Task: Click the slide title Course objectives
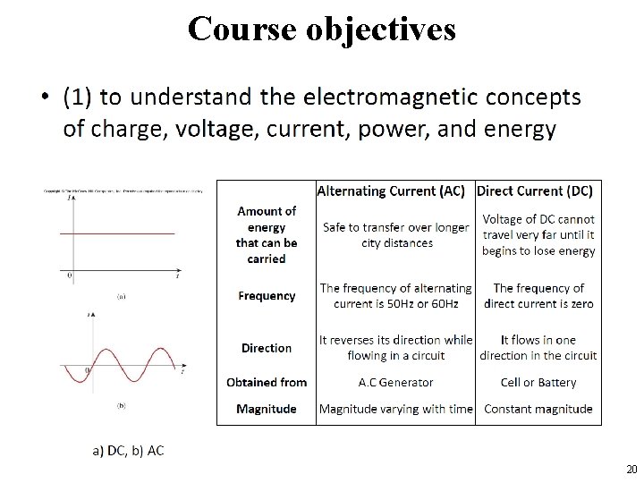pos(321,29)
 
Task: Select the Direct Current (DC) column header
pos(535,191)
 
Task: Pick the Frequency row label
pos(267,295)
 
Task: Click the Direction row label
pos(267,347)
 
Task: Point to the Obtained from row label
pos(267,382)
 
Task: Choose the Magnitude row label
pos(267,409)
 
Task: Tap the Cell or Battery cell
pos(538,382)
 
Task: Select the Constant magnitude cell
pos(538,409)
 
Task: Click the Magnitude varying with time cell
pos(396,409)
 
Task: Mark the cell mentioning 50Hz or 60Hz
pos(396,295)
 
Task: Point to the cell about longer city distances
pos(396,234)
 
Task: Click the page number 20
pos(631,470)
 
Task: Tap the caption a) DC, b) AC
pos(129,450)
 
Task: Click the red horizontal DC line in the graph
pos(125,233)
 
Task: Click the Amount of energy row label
pos(267,234)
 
